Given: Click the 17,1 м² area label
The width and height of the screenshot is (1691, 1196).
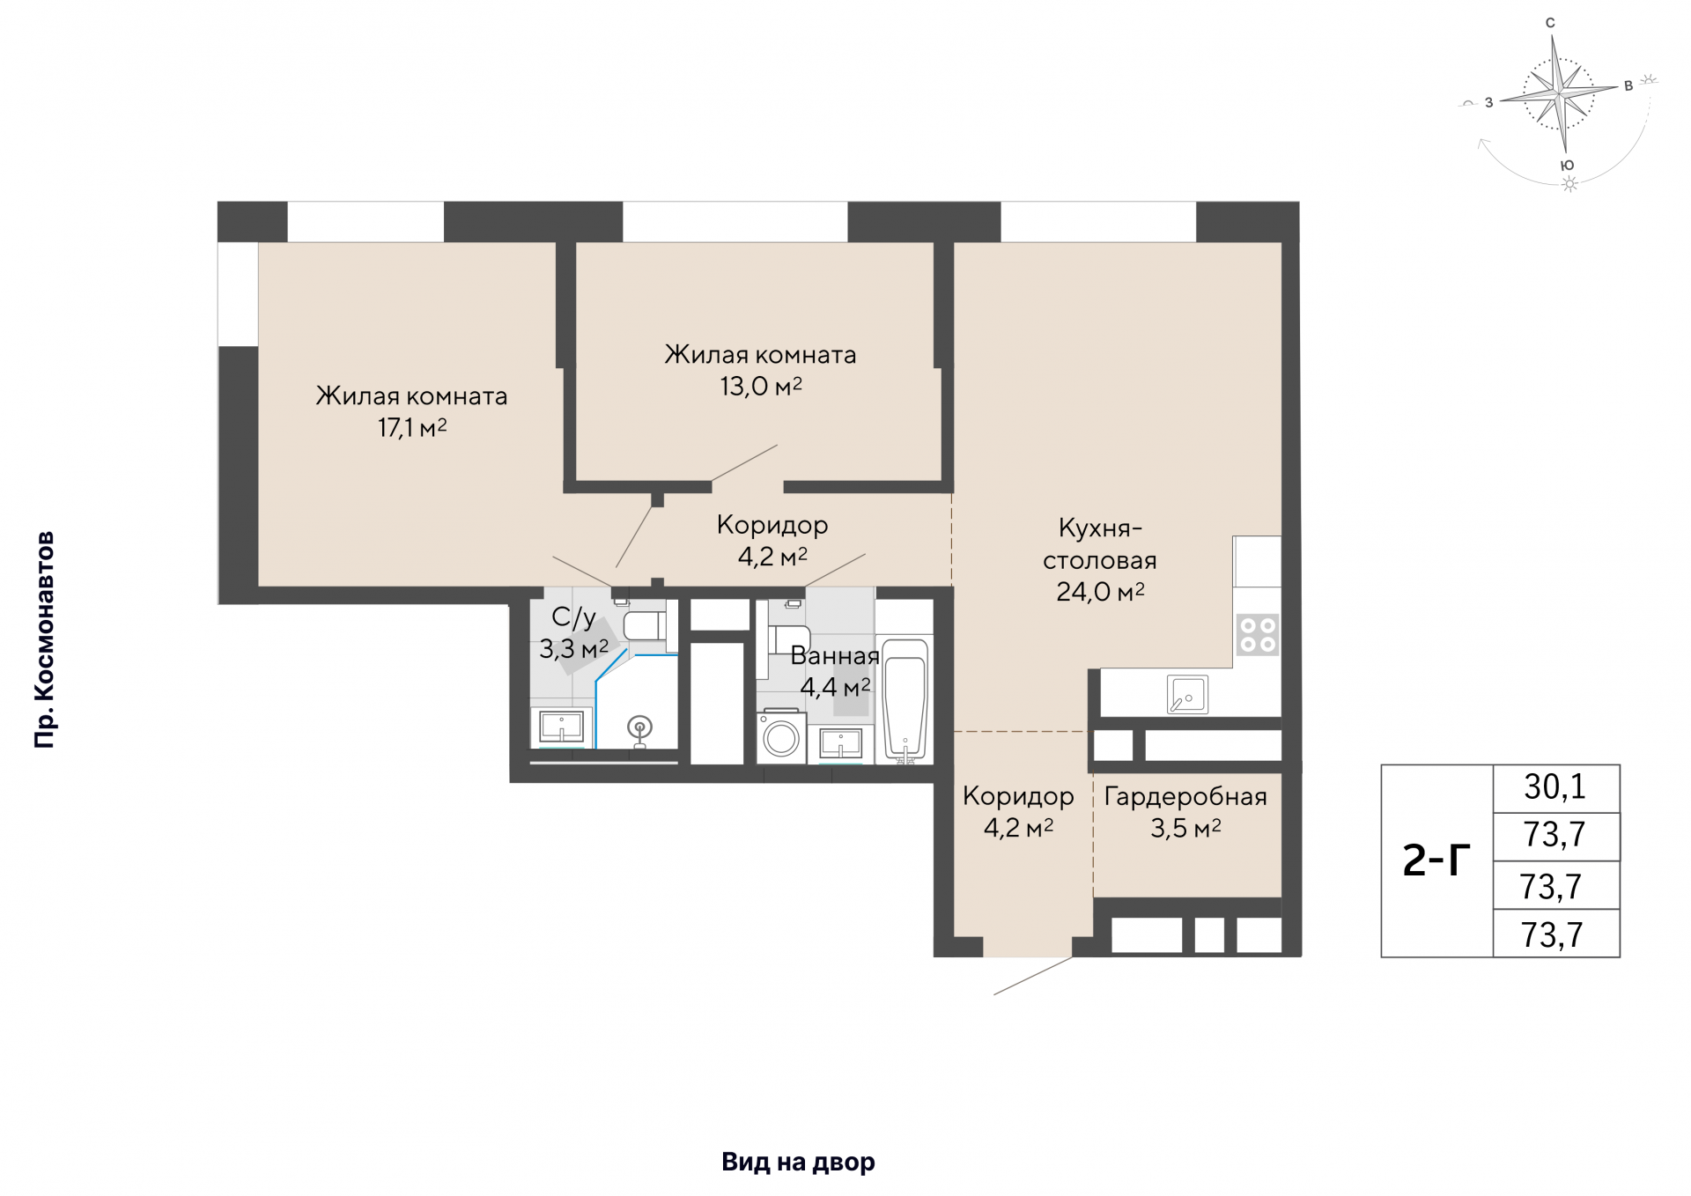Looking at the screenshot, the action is [412, 428].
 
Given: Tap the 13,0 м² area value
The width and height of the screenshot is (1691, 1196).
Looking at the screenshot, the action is [761, 387].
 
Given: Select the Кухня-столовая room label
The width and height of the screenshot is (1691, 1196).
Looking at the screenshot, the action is [1100, 544].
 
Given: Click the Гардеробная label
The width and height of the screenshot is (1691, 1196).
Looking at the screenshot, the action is [1185, 797].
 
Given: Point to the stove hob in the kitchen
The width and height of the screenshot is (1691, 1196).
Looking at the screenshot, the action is [1257, 634].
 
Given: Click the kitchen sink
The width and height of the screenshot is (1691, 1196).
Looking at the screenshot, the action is [1187, 695].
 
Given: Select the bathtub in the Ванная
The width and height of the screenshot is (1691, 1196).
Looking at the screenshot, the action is [905, 700].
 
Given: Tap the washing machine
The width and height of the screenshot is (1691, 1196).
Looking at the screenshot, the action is [781, 737].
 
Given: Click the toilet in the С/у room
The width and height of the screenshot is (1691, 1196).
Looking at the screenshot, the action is [646, 626].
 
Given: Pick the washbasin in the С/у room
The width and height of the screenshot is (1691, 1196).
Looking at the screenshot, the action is [561, 727].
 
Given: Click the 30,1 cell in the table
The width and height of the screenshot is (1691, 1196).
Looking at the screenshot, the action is [1555, 787].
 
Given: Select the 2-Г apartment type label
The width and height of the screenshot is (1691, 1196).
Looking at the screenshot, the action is [1436, 860].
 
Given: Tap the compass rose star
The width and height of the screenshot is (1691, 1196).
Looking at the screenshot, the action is [1560, 91].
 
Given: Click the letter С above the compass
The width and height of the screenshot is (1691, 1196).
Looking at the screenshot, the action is [1551, 24].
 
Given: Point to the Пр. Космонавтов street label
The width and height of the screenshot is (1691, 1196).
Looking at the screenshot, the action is [44, 640].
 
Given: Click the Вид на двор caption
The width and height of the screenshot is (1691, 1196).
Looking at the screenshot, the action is [799, 1163].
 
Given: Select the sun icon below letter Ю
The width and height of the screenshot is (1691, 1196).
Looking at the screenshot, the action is [1569, 184].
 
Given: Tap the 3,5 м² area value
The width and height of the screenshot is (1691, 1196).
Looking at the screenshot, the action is [1185, 829].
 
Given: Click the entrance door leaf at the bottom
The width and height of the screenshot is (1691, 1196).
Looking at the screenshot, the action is [1033, 976].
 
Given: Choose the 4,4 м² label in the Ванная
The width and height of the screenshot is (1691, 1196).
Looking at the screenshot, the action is [836, 687].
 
